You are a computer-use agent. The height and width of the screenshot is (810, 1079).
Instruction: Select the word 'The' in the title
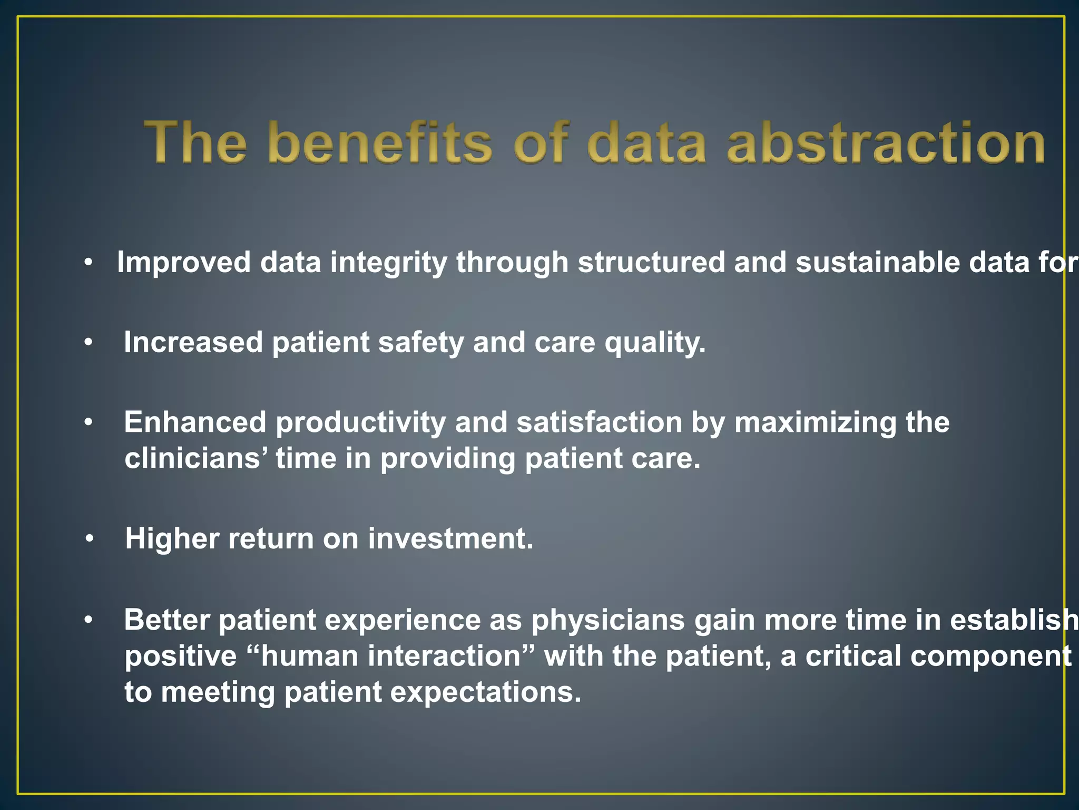coord(195,142)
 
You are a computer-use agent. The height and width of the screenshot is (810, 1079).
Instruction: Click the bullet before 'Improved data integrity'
coord(89,262)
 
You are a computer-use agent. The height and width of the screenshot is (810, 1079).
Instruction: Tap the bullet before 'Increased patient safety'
coord(89,343)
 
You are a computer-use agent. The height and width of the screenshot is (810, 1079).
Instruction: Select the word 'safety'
coord(421,343)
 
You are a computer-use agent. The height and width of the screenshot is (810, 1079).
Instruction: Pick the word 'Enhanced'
coord(195,422)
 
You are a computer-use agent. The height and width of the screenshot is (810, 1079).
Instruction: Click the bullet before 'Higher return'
coord(90,539)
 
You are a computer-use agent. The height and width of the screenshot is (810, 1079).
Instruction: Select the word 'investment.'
coord(450,539)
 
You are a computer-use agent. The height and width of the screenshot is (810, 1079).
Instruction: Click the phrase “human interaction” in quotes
coord(390,657)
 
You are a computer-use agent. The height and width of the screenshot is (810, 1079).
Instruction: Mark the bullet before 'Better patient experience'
coord(89,620)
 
